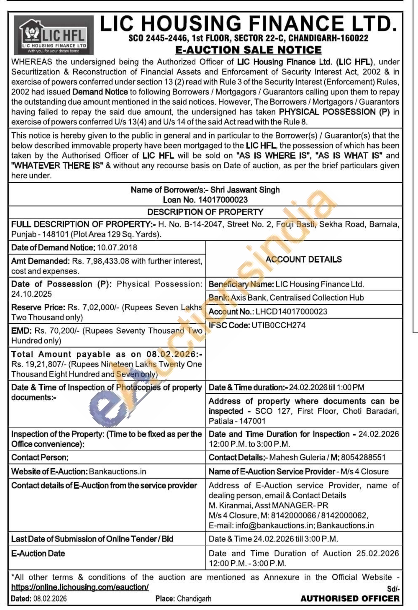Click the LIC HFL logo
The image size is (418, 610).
coord(53,35)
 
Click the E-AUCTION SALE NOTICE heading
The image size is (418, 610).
coord(248,50)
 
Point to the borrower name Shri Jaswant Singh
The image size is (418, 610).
coord(245,190)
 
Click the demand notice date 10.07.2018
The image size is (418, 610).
coord(117,248)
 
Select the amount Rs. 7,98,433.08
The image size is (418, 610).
coord(101,261)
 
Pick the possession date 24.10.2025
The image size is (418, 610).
coord(31,294)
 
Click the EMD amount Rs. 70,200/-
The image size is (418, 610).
coord(57,331)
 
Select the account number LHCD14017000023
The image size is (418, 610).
coord(291,312)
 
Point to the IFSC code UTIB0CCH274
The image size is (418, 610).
coord(278,326)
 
